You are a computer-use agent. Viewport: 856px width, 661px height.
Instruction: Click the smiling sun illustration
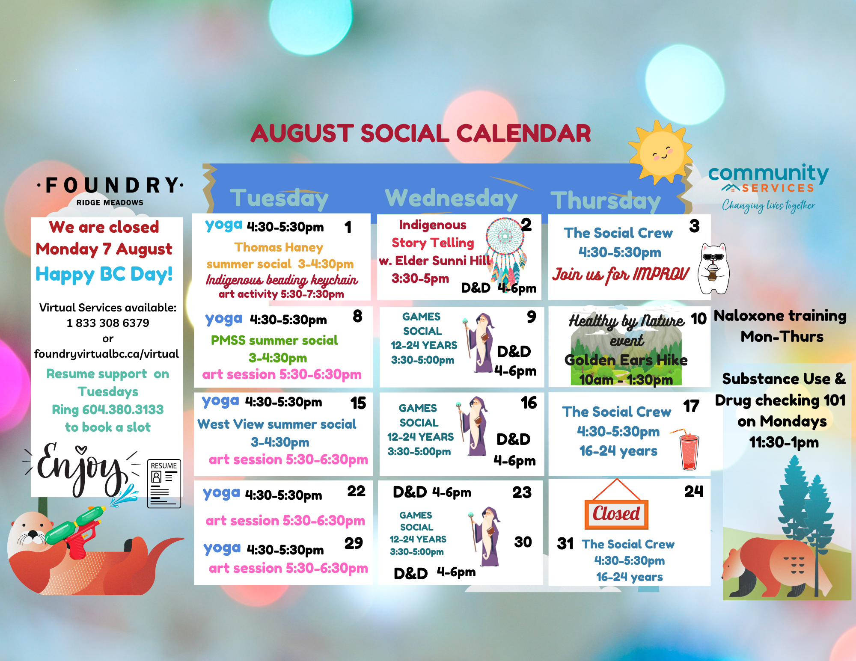[x=661, y=152]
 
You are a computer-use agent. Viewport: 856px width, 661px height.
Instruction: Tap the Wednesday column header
[x=451, y=199]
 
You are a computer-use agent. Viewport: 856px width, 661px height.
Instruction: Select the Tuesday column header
[x=279, y=199]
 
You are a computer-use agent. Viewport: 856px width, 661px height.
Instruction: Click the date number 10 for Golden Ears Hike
[x=698, y=319]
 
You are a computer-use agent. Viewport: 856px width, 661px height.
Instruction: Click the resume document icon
[x=164, y=483]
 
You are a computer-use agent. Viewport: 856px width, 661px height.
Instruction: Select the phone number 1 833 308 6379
[x=108, y=323]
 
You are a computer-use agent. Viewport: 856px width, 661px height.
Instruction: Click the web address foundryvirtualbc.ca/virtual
[x=107, y=354]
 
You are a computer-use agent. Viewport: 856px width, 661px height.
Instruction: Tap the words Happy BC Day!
[x=104, y=274]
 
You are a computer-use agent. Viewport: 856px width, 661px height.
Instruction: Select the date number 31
[x=565, y=544]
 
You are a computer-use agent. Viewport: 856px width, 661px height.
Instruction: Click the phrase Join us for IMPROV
[x=621, y=274]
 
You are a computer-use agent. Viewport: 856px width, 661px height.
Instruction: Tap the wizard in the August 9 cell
[x=479, y=342]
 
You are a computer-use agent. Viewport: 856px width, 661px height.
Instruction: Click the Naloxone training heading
[x=780, y=316]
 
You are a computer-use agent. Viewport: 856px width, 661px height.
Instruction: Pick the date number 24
[x=694, y=492]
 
